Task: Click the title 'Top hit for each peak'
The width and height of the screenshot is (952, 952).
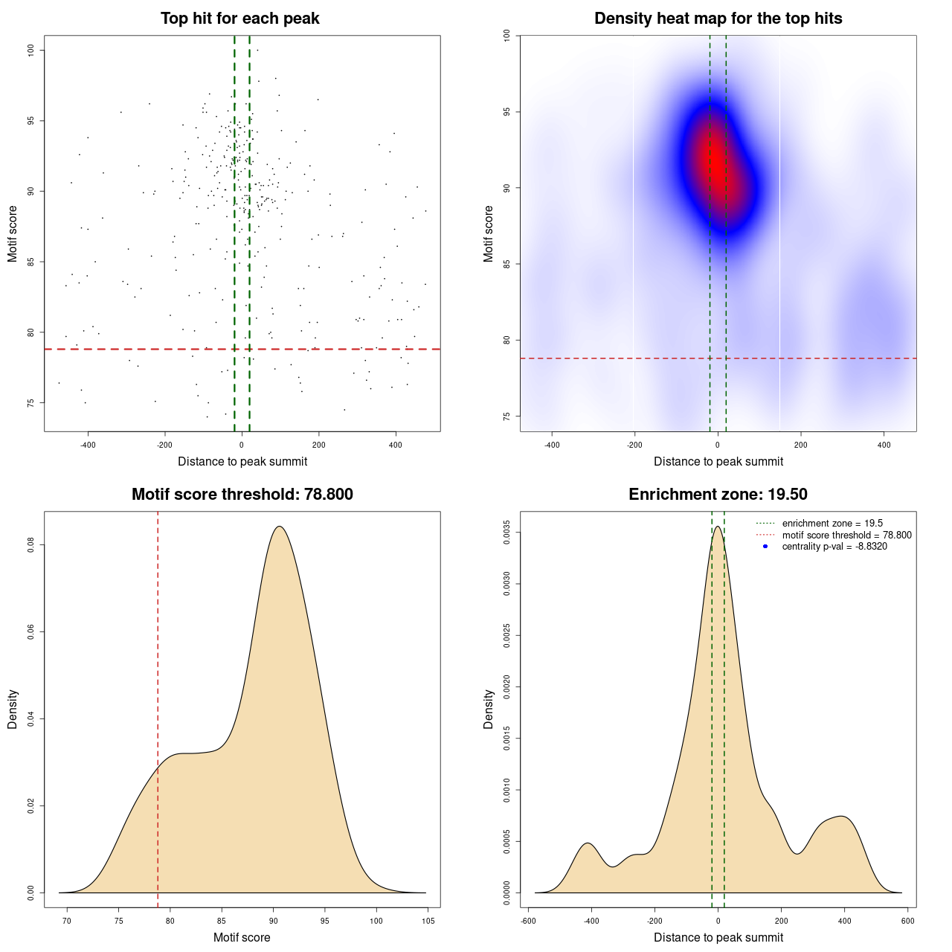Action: pos(239,19)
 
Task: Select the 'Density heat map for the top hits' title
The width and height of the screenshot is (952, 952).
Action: pos(718,19)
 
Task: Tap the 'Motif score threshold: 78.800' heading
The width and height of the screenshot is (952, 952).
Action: pos(242,495)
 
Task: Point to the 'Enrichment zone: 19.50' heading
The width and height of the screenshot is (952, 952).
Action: pos(718,495)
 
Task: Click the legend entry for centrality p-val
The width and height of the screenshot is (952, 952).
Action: pos(834,547)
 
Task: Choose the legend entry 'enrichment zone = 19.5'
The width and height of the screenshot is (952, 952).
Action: pos(832,524)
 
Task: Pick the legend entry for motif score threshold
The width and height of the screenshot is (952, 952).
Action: pos(846,535)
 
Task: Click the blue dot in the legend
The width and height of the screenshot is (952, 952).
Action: pos(765,547)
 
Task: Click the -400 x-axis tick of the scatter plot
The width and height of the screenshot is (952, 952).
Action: pos(88,445)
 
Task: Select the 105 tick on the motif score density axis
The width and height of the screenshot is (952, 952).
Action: pos(428,921)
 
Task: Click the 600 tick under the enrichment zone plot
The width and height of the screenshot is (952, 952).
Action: pos(907,921)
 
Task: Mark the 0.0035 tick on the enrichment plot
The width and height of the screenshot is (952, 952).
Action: pos(507,533)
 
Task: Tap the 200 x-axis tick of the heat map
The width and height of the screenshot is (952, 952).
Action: pos(800,445)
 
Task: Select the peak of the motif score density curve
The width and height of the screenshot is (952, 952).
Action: pos(279,527)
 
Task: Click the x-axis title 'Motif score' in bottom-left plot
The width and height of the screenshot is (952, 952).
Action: pos(242,937)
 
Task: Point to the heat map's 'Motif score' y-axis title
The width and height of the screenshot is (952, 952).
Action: pos(489,234)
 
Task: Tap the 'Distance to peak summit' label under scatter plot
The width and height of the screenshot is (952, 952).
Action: pos(242,461)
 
